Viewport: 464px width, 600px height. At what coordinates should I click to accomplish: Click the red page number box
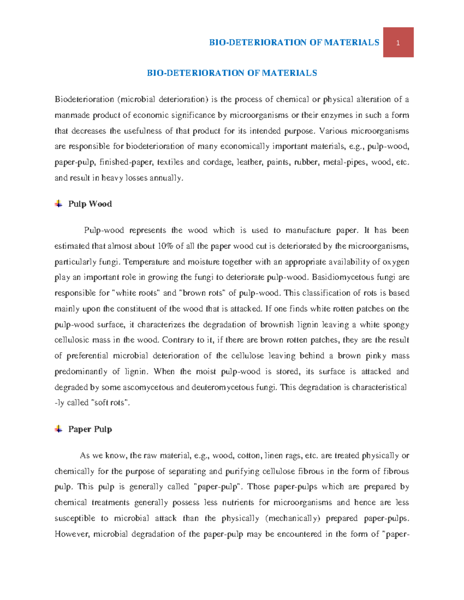(398, 42)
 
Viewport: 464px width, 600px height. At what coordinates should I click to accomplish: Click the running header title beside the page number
(294, 42)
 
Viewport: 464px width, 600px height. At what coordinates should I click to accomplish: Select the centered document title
(232, 73)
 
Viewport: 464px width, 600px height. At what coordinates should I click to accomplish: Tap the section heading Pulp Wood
(90, 204)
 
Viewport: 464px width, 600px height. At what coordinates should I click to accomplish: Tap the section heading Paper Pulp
(90, 429)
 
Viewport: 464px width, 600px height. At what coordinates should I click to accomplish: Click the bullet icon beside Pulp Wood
(58, 204)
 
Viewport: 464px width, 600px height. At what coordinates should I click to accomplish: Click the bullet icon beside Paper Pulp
(58, 429)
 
